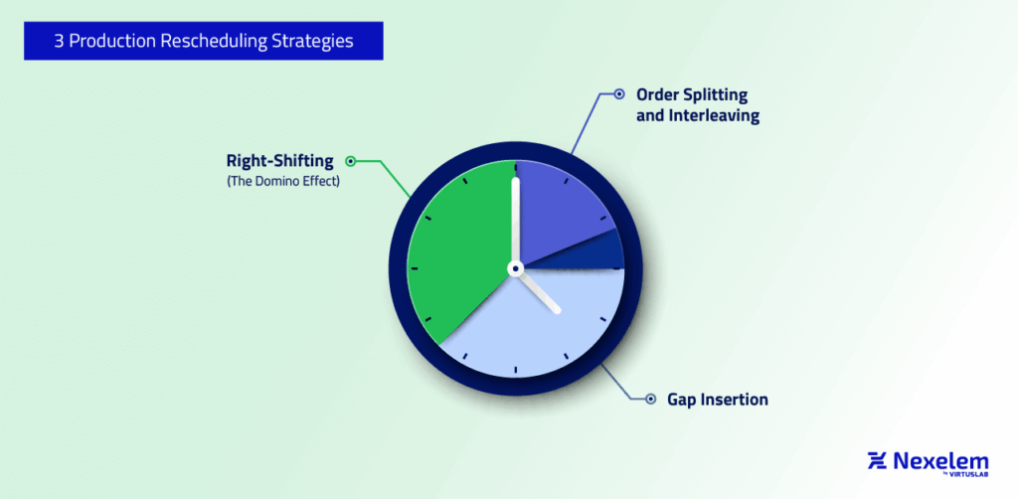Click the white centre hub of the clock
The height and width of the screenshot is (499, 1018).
pos(515,268)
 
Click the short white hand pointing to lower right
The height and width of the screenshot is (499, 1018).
pos(541,293)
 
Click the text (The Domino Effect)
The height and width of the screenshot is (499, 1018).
pos(283,180)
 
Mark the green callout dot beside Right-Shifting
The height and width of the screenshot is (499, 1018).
pos(350,160)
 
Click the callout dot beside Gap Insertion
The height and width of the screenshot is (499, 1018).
pos(650,400)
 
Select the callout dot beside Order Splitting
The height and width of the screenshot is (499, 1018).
pos(618,94)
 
